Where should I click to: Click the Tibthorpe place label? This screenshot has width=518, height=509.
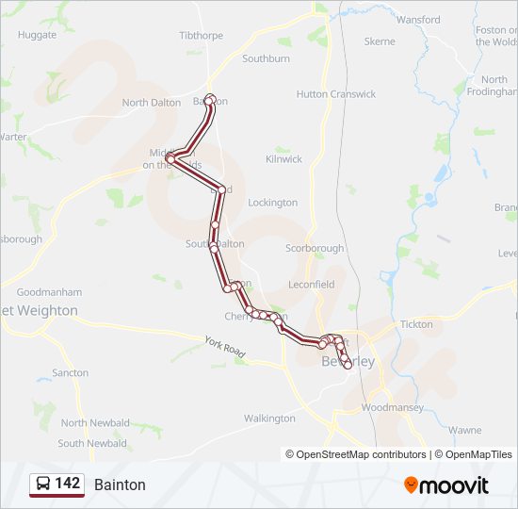point(200,36)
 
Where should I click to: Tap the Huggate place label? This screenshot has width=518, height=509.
point(37,35)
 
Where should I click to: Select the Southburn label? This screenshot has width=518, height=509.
point(266,58)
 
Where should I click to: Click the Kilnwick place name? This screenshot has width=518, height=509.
point(283,159)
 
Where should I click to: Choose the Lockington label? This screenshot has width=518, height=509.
point(272,203)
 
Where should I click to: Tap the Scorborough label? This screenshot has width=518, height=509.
point(315,248)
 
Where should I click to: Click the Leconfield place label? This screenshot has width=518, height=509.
point(311,284)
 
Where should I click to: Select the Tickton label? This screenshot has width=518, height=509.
point(416,324)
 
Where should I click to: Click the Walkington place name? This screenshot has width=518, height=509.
point(269,419)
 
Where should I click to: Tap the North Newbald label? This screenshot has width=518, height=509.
point(94,423)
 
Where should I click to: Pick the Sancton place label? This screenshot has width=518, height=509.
point(71,373)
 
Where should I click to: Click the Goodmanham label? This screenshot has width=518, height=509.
point(49,292)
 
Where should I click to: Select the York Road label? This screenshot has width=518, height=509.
point(225,346)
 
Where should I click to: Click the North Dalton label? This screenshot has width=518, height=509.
point(151,103)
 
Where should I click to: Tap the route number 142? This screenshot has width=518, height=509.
point(67,484)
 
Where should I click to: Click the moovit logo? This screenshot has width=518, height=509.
point(446,485)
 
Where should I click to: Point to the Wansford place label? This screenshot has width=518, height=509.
point(418,20)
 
